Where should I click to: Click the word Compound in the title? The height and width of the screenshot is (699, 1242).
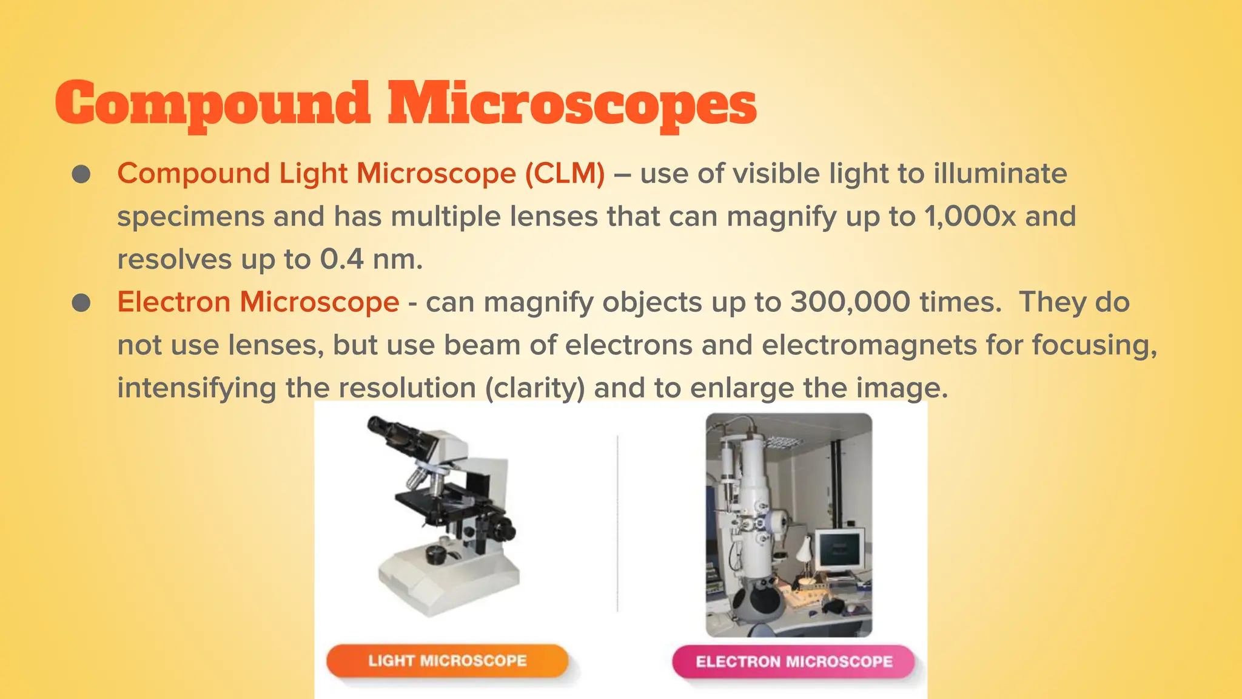[212, 104]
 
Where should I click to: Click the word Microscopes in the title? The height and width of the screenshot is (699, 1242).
[572, 104]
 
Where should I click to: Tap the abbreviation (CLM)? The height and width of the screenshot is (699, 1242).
[564, 174]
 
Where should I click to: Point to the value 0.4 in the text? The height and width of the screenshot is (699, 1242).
[341, 260]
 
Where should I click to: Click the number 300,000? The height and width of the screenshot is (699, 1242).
[850, 302]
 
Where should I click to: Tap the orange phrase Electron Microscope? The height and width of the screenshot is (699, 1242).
[258, 302]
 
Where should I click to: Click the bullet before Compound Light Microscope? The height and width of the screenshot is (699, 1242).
[81, 175]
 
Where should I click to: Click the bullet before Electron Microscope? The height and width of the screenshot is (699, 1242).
[81, 303]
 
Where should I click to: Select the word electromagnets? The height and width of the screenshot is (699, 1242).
[869, 345]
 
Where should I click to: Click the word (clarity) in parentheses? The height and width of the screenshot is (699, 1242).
[535, 388]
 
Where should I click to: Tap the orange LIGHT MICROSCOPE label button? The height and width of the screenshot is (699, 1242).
[447, 661]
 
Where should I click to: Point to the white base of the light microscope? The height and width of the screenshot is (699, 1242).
[449, 582]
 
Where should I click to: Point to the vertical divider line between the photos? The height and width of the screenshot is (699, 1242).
[617, 522]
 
